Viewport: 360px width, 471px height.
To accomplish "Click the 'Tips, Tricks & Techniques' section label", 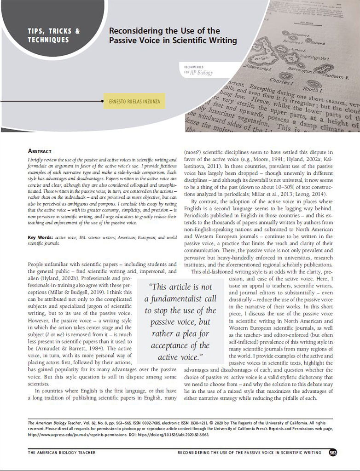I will click(x=54, y=35).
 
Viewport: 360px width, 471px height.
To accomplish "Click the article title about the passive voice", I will click(x=173, y=35).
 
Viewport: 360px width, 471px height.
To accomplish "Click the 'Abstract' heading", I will click(x=41, y=150).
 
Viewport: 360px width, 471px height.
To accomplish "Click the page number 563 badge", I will click(x=333, y=453).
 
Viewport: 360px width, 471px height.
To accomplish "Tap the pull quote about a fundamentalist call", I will click(x=180, y=322).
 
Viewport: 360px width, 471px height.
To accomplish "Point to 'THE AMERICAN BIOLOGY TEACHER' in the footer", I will click(x=62, y=453).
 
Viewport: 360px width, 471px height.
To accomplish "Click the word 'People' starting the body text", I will click(x=36, y=264).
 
